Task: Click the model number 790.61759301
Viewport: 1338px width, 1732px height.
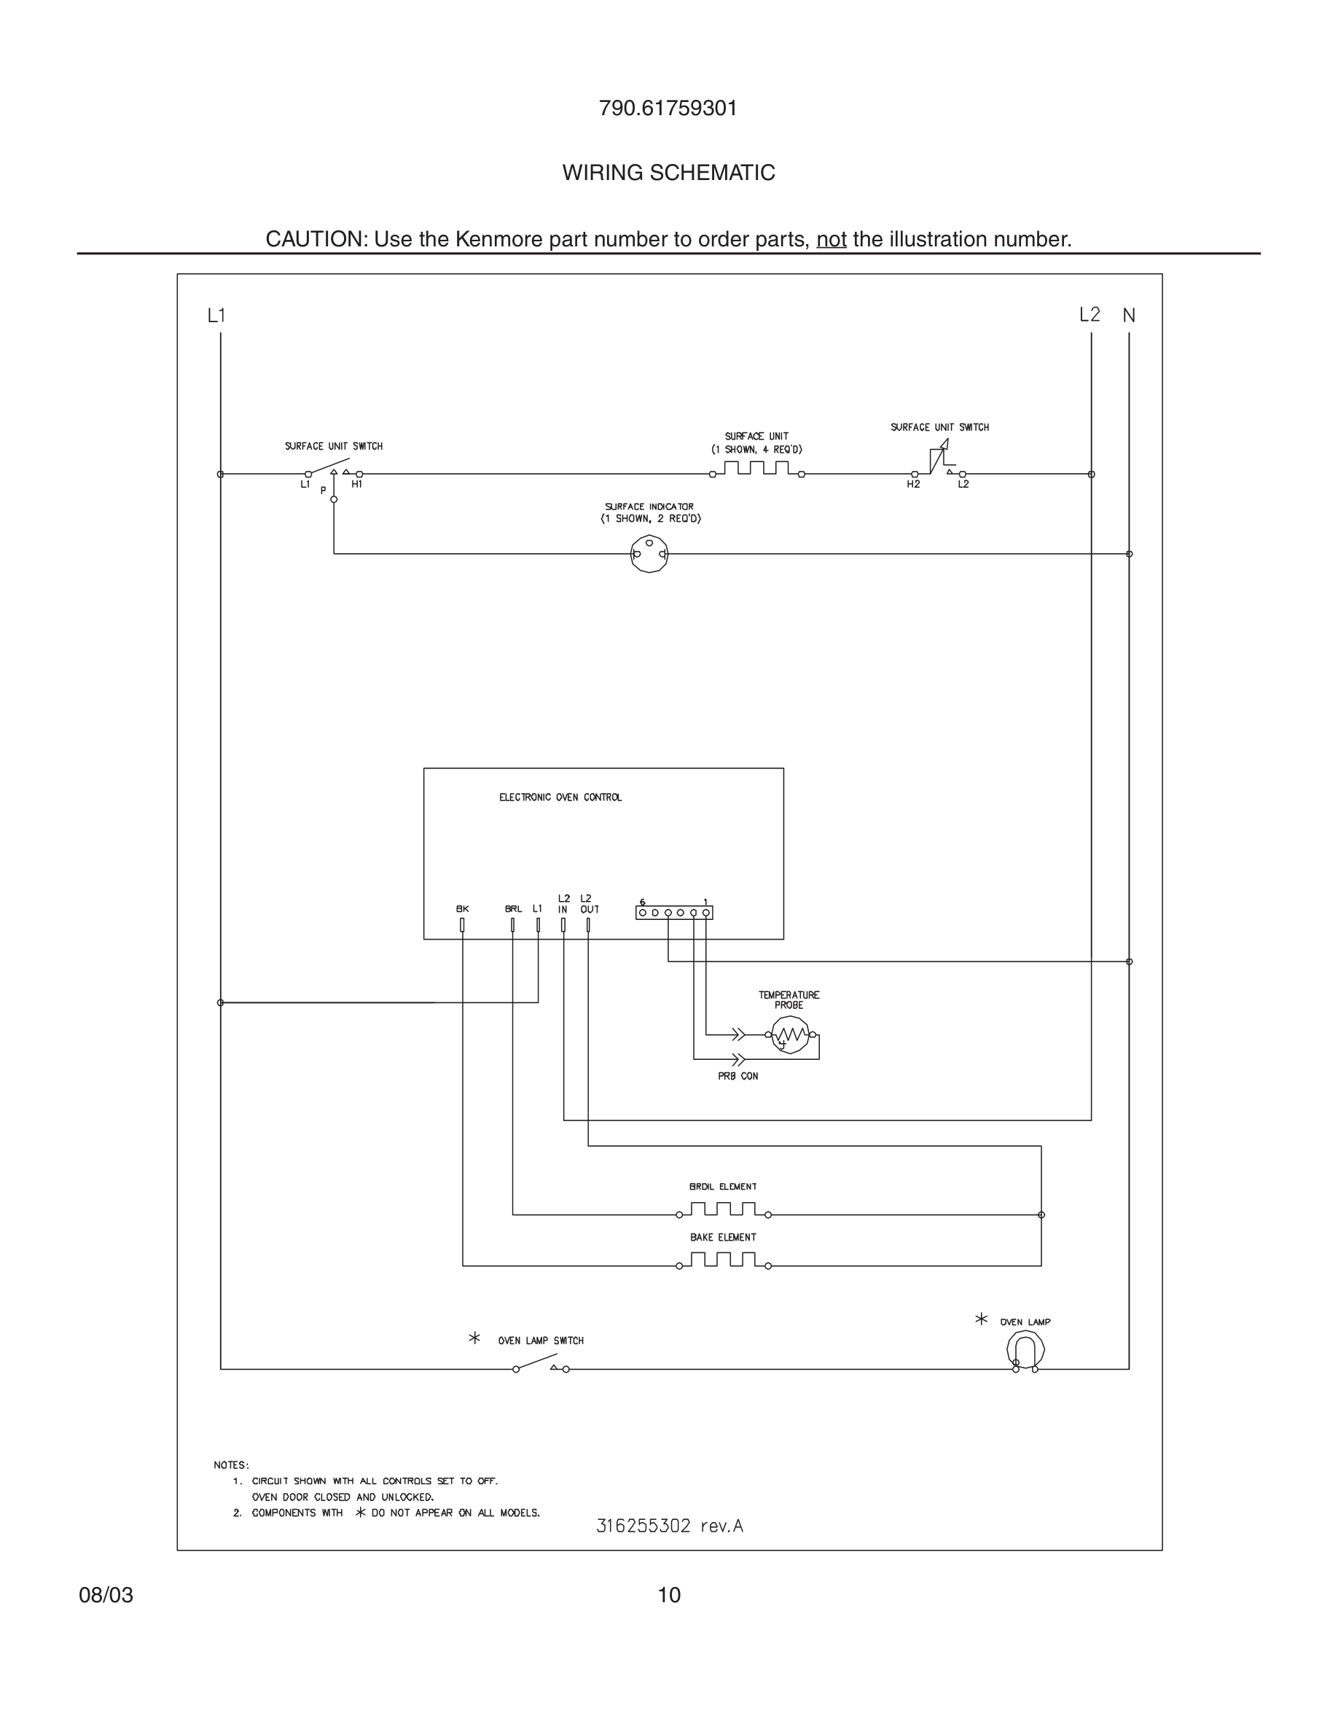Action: pyautogui.click(x=668, y=109)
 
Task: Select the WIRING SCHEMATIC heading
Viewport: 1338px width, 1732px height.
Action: pyautogui.click(x=668, y=173)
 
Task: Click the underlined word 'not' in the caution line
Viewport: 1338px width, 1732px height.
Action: pyautogui.click(x=831, y=240)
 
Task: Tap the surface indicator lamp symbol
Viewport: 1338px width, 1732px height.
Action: pyautogui.click(x=649, y=553)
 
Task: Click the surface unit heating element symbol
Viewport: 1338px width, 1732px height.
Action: pyautogui.click(x=757, y=469)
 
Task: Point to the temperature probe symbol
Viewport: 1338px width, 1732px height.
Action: pyautogui.click(x=789, y=1035)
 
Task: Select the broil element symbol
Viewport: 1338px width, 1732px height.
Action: pyautogui.click(x=723, y=1210)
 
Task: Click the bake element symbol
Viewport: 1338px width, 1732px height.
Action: pyautogui.click(x=723, y=1261)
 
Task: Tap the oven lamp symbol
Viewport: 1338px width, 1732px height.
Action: pyautogui.click(x=1025, y=1349)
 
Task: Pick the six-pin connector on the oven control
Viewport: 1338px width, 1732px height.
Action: pyautogui.click(x=674, y=913)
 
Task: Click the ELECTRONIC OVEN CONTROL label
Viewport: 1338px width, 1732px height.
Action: pyautogui.click(x=560, y=797)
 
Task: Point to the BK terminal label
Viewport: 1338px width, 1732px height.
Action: pyautogui.click(x=462, y=910)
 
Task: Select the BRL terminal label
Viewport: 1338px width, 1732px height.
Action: pyautogui.click(x=513, y=910)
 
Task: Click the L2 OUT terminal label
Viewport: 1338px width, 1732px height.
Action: pyautogui.click(x=589, y=904)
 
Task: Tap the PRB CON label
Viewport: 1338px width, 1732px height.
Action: pyautogui.click(x=738, y=1076)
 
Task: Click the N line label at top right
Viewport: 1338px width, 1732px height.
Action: pyautogui.click(x=1129, y=316)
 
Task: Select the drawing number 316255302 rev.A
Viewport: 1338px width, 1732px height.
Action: pyautogui.click(x=669, y=1526)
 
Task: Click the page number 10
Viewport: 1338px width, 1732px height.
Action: pyautogui.click(x=669, y=1595)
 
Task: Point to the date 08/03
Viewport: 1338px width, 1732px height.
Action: pyautogui.click(x=106, y=1595)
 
